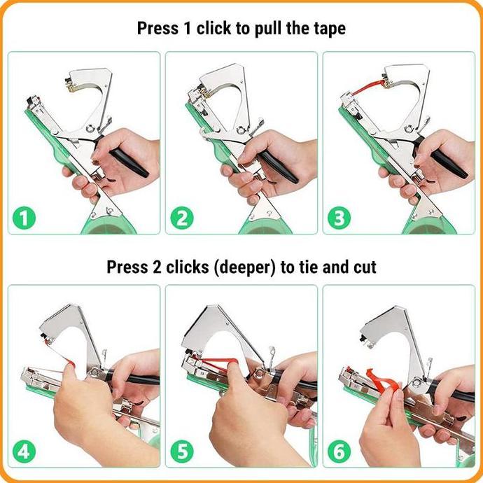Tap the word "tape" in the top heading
pyautogui.click(x=326, y=29)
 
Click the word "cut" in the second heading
pyautogui.click(x=364, y=267)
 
